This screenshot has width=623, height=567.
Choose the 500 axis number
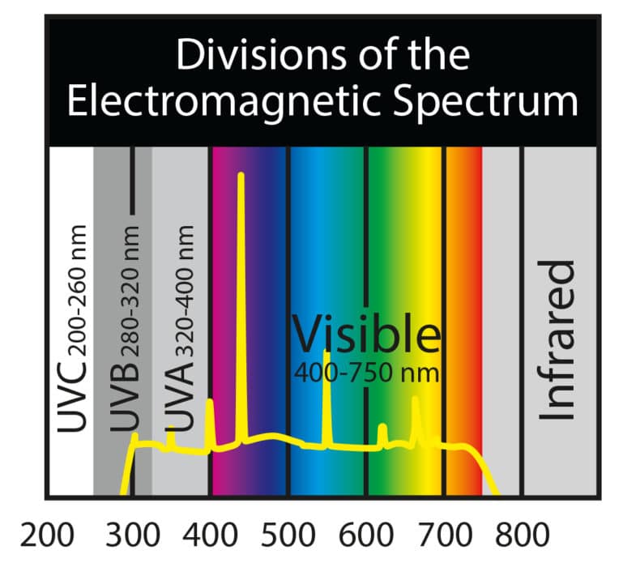pos(290,535)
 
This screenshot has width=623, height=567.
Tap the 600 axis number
pos(369,535)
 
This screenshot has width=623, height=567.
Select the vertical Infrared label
pos(559,340)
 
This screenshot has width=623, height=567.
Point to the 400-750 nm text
pos(366,373)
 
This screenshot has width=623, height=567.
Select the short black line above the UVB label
pos(132,182)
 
